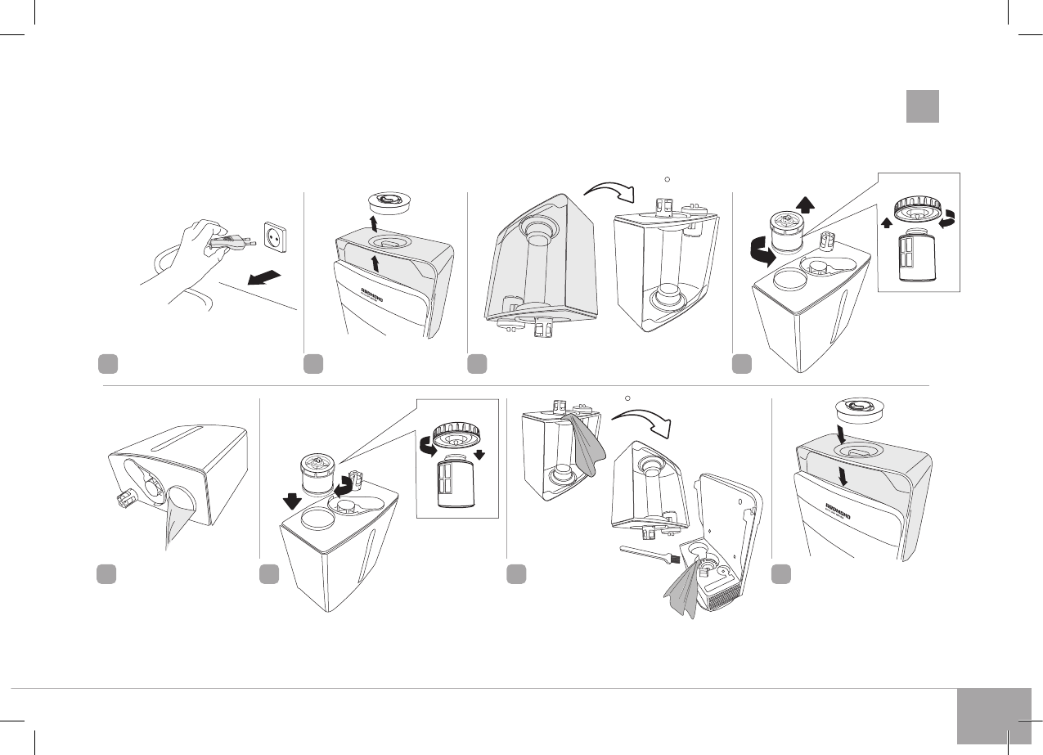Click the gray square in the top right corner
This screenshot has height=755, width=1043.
click(922, 106)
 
